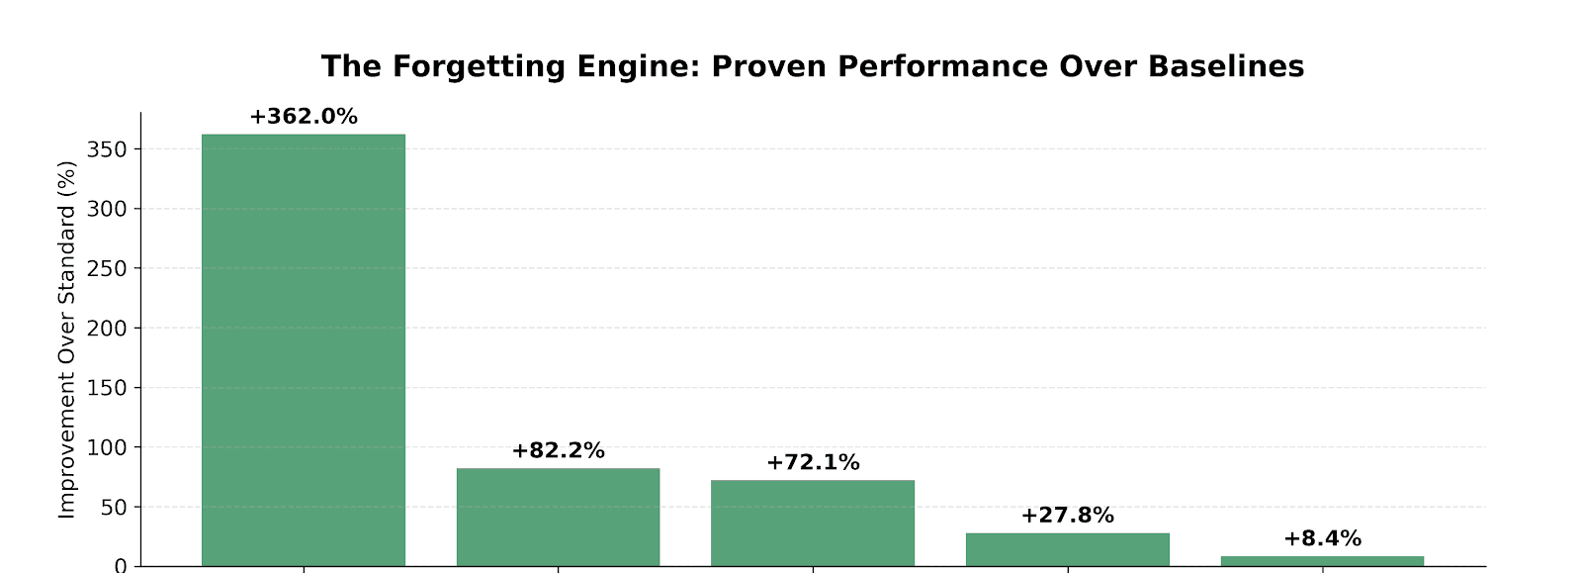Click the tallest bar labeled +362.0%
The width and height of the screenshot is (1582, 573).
pos(303,349)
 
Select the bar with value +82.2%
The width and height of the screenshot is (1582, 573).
pos(558,517)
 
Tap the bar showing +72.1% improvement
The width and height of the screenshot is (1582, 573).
pos(813,523)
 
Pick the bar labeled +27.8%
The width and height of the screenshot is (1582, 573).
pos(1067,549)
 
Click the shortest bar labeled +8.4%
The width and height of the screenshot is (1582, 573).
pos(1322,561)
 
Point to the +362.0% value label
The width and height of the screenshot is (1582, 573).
pos(303,117)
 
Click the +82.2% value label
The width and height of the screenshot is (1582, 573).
pos(558,451)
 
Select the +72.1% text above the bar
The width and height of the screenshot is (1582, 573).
pos(813,463)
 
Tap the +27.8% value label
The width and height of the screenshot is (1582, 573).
pos(1067,516)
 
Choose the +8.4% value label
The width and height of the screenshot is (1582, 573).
pos(1322,539)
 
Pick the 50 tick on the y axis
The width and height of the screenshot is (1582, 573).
pos(116,507)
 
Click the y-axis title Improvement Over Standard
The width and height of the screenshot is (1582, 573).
pos(66,338)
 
